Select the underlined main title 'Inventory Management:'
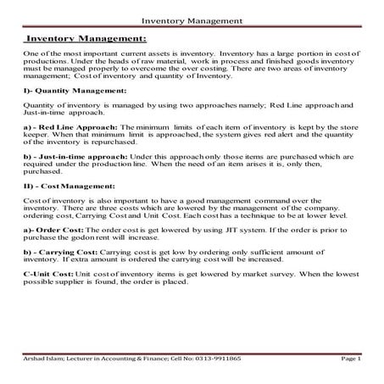(x=87, y=38)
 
